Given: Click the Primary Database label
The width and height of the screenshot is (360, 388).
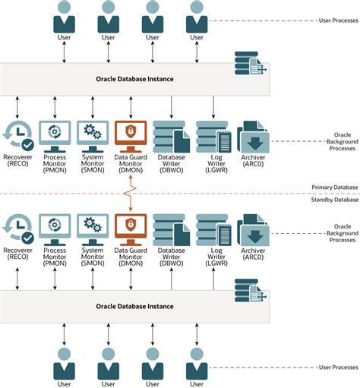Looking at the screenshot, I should pos(333,187).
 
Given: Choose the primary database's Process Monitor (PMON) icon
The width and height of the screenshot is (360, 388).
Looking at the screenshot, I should pos(55,133).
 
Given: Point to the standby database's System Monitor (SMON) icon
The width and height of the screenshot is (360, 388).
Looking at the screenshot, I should pos(93,226).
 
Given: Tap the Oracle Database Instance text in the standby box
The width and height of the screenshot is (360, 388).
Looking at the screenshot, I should pos(134,306).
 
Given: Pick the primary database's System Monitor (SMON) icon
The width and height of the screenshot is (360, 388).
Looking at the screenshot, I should pos(93,133).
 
